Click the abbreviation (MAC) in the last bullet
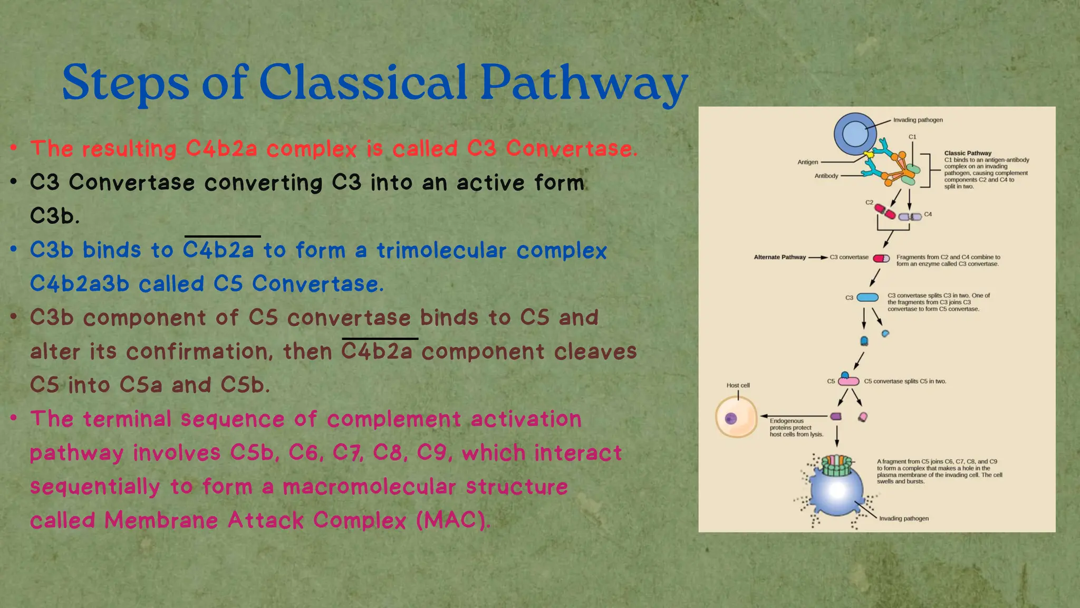453,520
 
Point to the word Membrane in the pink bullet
161,520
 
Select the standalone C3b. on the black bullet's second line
55,216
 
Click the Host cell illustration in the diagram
736,417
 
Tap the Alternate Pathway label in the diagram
779,258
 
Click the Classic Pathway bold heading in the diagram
968,153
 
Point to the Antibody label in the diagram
826,176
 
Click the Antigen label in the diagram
807,162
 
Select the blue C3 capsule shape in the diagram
867,298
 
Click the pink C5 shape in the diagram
849,381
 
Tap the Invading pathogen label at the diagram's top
918,120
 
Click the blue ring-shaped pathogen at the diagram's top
855,134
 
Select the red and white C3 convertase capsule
881,258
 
